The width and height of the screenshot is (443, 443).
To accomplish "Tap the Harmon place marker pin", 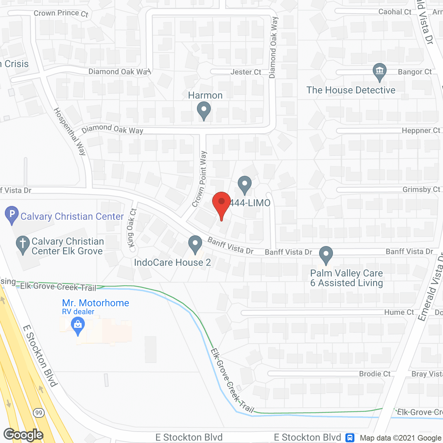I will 204,111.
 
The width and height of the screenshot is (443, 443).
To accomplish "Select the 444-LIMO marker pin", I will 245,184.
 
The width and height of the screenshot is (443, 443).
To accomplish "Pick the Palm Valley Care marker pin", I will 326,254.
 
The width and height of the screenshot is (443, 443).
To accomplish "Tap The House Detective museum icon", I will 380,71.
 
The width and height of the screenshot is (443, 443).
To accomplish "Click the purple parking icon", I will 12,214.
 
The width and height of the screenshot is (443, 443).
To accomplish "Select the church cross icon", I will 23,244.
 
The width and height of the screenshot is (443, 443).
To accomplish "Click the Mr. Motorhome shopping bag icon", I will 78,326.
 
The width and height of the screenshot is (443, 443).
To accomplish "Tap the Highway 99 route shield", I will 39,413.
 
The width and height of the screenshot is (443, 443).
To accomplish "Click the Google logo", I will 23,435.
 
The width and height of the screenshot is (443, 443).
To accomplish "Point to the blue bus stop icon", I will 350,438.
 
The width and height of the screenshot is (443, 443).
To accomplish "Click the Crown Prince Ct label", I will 61,13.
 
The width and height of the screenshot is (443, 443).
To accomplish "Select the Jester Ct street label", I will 246,72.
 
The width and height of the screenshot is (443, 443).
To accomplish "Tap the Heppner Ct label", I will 421,130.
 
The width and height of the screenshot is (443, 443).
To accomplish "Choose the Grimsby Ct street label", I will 421,189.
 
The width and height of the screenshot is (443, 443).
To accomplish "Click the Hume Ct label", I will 399,312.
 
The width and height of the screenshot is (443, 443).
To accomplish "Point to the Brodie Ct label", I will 375,374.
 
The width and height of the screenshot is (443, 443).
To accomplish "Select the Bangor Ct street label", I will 415,72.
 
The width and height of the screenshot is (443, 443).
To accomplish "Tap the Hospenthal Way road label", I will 70,131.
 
